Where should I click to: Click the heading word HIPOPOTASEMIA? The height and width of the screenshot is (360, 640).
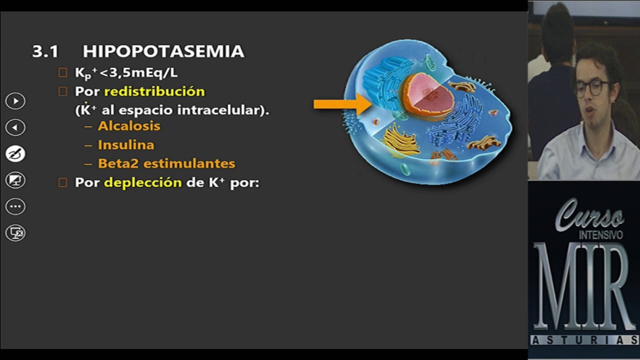click(x=163, y=51)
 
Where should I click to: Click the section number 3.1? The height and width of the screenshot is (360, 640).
click(x=45, y=51)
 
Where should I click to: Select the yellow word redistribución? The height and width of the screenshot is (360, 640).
click(x=154, y=91)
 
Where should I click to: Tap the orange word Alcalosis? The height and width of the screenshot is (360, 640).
click(x=129, y=126)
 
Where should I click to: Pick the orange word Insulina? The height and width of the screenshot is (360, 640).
click(x=126, y=145)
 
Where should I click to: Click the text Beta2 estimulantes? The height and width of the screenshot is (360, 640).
click(x=166, y=163)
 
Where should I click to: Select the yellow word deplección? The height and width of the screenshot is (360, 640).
click(x=142, y=182)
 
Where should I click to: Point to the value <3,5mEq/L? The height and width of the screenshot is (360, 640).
click(x=138, y=73)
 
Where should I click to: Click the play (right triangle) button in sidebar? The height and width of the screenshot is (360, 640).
click(x=15, y=101)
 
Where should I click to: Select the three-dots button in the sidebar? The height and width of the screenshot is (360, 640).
click(x=15, y=206)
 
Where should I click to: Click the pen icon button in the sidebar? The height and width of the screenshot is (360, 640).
click(x=15, y=153)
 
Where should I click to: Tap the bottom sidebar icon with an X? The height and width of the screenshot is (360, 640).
click(x=15, y=232)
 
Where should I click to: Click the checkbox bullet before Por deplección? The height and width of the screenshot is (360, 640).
click(x=62, y=182)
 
